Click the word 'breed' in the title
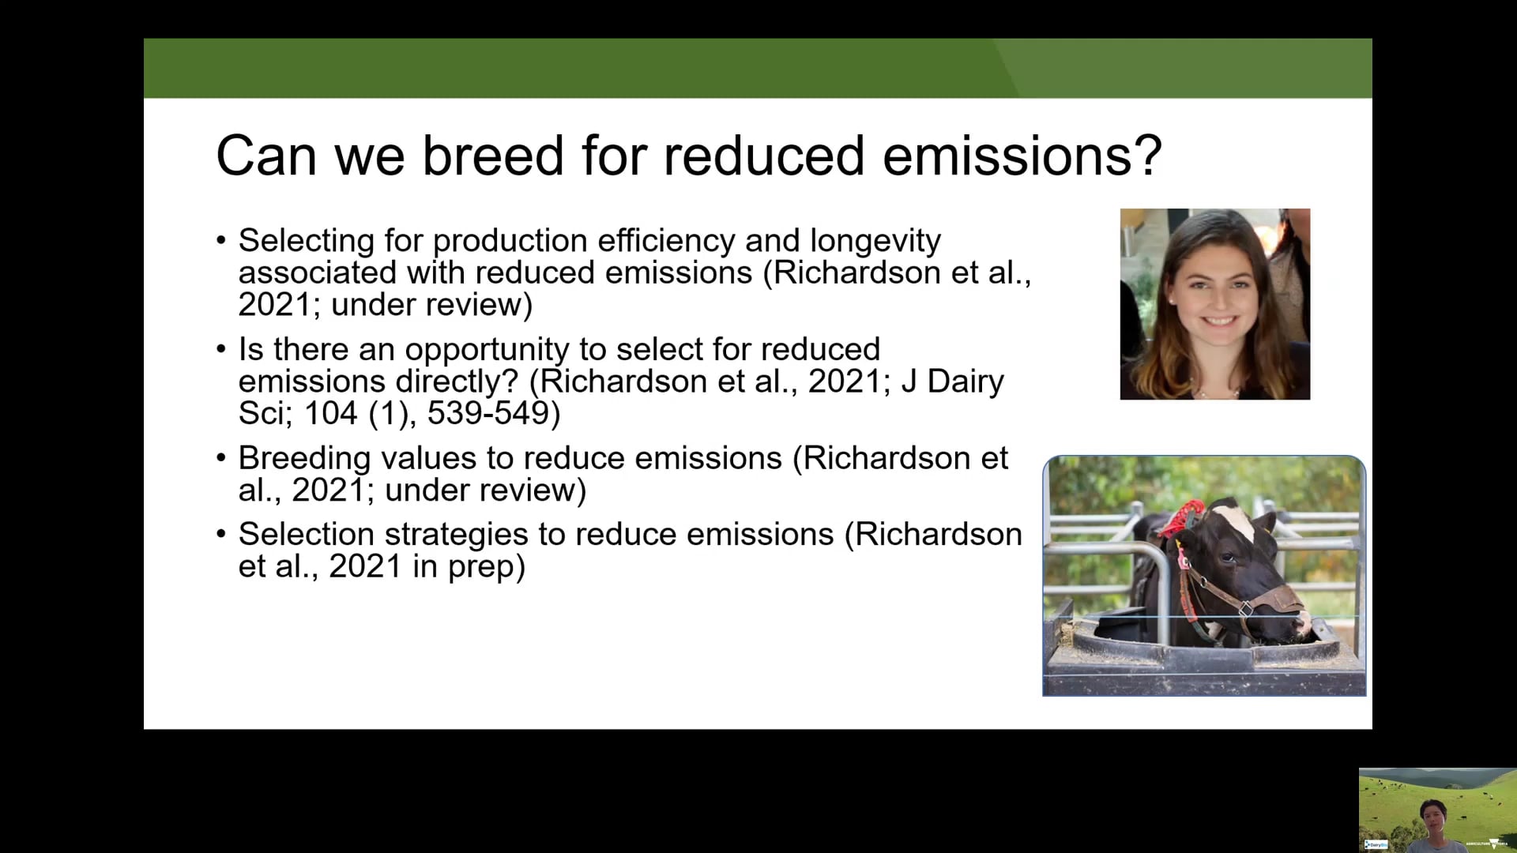[493, 156]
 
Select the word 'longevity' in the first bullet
[875, 242]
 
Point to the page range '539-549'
[488, 413]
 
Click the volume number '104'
[331, 413]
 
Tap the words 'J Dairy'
[952, 382]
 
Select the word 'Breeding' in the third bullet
[304, 459]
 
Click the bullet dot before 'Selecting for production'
[221, 240]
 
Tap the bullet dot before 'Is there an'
[221, 349]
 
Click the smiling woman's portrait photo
[1214, 304]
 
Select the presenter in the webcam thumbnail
[1433, 826]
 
